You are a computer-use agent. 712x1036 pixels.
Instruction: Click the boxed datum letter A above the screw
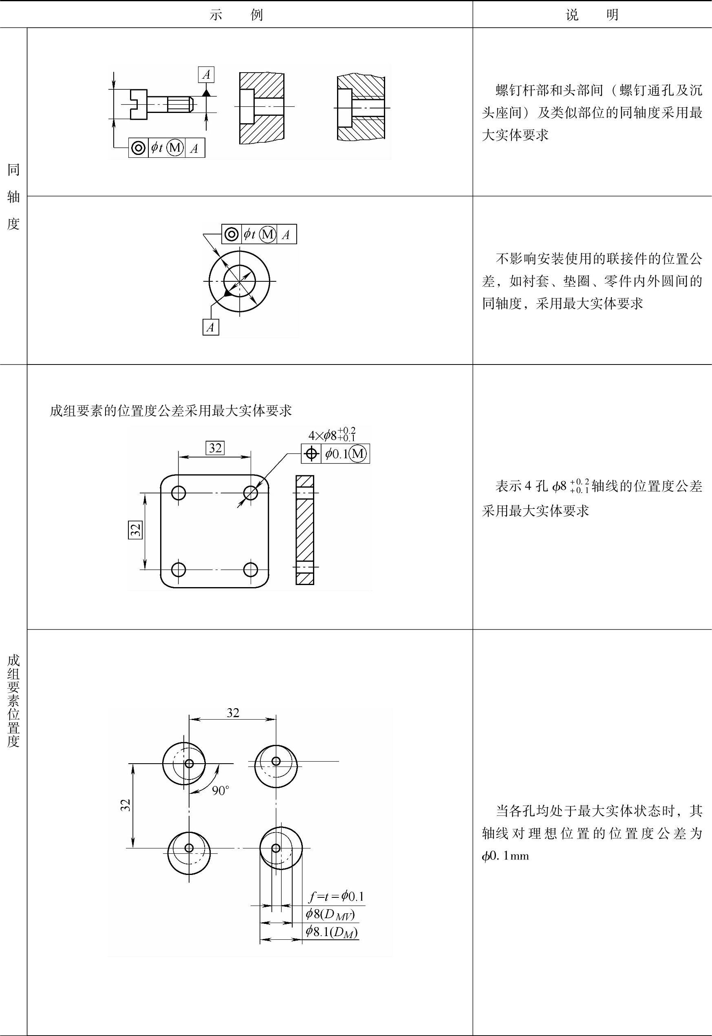pos(206,75)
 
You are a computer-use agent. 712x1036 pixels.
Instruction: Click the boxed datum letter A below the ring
pos(211,327)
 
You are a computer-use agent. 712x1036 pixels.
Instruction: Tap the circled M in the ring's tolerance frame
pos(268,234)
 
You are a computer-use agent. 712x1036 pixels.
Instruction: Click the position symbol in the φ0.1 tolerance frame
pos(311,454)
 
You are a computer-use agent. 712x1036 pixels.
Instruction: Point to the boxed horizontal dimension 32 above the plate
pos(215,448)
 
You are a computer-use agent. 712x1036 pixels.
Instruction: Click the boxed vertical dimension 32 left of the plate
pos(135,529)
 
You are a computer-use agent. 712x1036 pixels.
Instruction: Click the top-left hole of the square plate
pos(179,493)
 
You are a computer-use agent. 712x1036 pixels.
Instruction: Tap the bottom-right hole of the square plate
pos(251,569)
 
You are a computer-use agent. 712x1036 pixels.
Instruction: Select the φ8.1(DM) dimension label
pos(332,932)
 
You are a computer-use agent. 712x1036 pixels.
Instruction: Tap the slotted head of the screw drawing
pos(138,104)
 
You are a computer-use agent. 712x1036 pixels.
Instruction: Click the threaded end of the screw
pos(180,104)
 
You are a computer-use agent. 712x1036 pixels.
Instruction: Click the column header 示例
pos(236,15)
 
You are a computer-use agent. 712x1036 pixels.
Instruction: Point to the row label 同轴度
pos(13,196)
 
